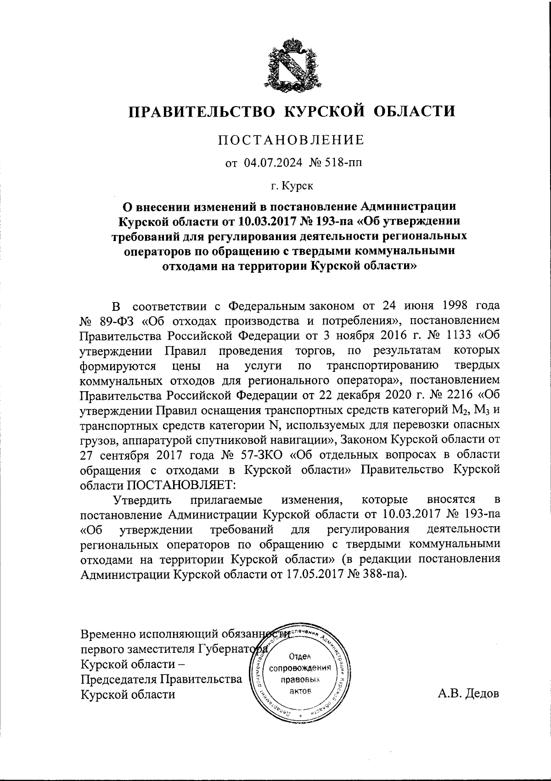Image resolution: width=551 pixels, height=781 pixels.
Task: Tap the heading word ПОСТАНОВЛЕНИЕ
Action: coord(291,140)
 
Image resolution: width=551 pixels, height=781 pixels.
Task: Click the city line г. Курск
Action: coord(292,186)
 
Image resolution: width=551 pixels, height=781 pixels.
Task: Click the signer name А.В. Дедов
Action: coord(468,693)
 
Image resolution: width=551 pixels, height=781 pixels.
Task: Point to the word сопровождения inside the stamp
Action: coord(301,668)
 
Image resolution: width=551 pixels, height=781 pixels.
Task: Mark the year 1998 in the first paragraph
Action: coord(448,305)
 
